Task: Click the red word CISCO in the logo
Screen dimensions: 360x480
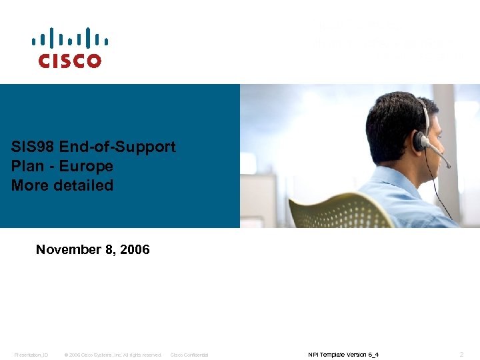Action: pos(69,61)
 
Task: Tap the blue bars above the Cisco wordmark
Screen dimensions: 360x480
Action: pos(69,38)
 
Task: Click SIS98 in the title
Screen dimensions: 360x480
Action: pos(33,147)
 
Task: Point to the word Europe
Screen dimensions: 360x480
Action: pos(86,166)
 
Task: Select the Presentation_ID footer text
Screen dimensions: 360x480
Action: pos(31,355)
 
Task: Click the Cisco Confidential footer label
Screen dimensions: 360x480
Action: pos(189,355)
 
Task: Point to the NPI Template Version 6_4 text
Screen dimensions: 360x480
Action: pos(343,355)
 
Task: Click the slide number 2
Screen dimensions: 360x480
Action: pos(462,354)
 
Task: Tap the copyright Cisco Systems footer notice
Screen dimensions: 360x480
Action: pos(113,355)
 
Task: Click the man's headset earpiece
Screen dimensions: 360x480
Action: pos(419,140)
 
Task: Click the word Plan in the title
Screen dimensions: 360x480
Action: pos(26,166)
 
